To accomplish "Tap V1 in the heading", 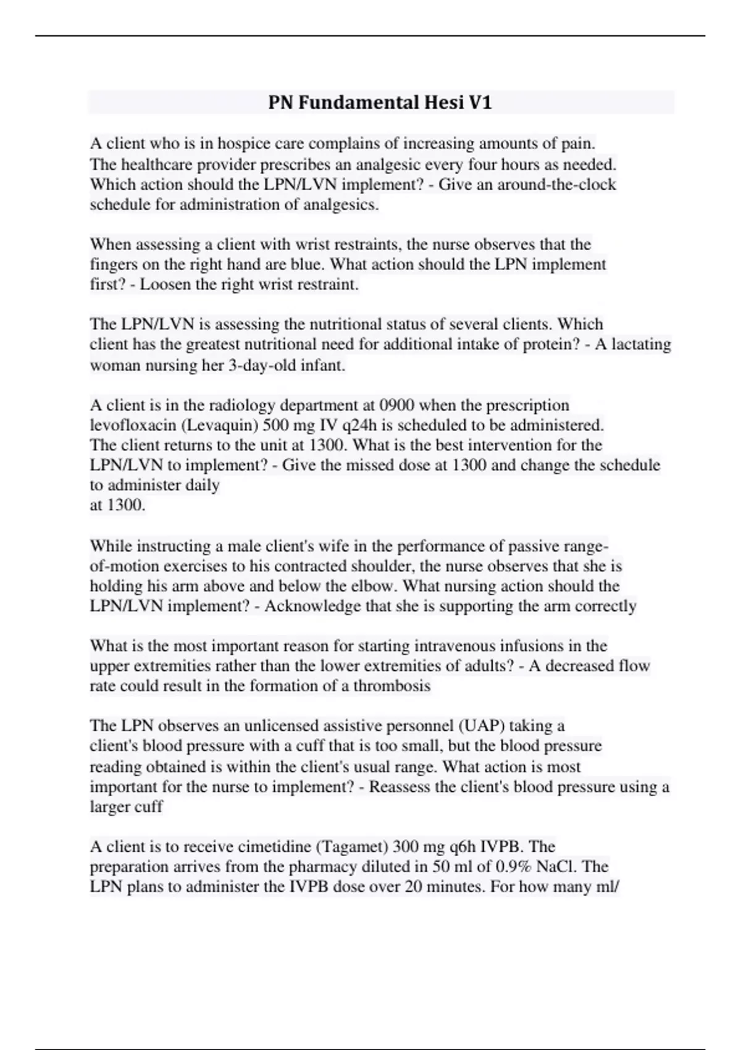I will pyautogui.click(x=480, y=103).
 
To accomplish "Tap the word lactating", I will pyautogui.click(x=641, y=344).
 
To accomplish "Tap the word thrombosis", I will pyautogui.click(x=391, y=686).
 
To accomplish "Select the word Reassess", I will pyautogui.click(x=403, y=787).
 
